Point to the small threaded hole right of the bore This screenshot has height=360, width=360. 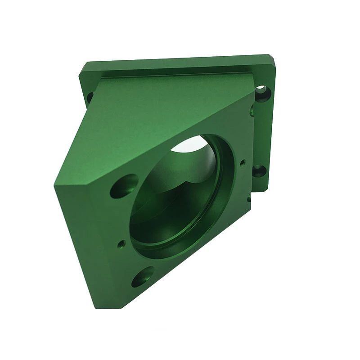pyautogui.click(x=243, y=162)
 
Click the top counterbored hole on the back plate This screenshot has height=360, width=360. pyautogui.click(x=262, y=92)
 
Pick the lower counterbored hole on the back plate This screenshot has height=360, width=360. pyautogui.click(x=258, y=171)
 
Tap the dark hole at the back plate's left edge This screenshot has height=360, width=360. pyautogui.click(x=90, y=96)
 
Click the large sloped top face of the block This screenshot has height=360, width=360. pyautogui.click(x=148, y=121)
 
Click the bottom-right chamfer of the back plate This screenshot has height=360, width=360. pyautogui.click(x=265, y=189)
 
